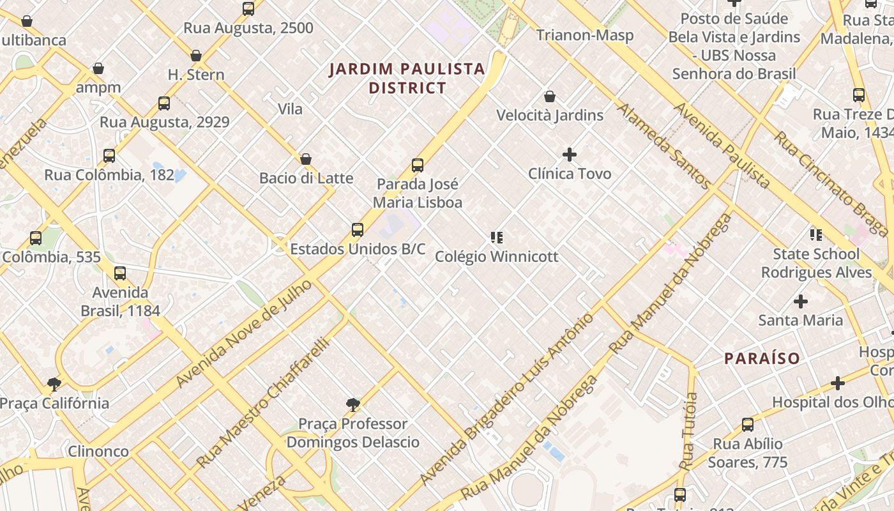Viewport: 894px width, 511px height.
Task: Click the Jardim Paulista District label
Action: (x=407, y=78)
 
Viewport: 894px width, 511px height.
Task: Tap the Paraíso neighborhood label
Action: (x=762, y=358)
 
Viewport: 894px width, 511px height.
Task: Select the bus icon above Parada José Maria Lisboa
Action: (x=418, y=165)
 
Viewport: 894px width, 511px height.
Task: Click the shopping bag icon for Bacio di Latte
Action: (x=306, y=159)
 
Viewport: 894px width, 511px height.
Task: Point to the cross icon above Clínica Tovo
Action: (x=569, y=155)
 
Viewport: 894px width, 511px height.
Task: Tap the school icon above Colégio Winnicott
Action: (x=496, y=238)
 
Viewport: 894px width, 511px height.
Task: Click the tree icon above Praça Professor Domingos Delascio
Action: (x=352, y=404)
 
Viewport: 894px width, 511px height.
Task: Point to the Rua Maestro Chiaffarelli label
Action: (x=262, y=403)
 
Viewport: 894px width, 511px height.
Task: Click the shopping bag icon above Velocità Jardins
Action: (x=550, y=96)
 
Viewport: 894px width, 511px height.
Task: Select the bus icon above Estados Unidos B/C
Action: (x=358, y=230)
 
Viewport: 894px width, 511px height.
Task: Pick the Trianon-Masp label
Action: (x=585, y=34)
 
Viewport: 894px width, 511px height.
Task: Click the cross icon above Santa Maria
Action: (x=800, y=301)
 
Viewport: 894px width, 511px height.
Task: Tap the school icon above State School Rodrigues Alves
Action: (x=815, y=235)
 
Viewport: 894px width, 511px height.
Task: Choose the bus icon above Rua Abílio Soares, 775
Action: (x=747, y=424)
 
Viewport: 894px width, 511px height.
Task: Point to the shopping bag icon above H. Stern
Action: (x=196, y=56)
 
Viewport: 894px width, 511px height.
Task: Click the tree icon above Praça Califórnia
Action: (x=54, y=384)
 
